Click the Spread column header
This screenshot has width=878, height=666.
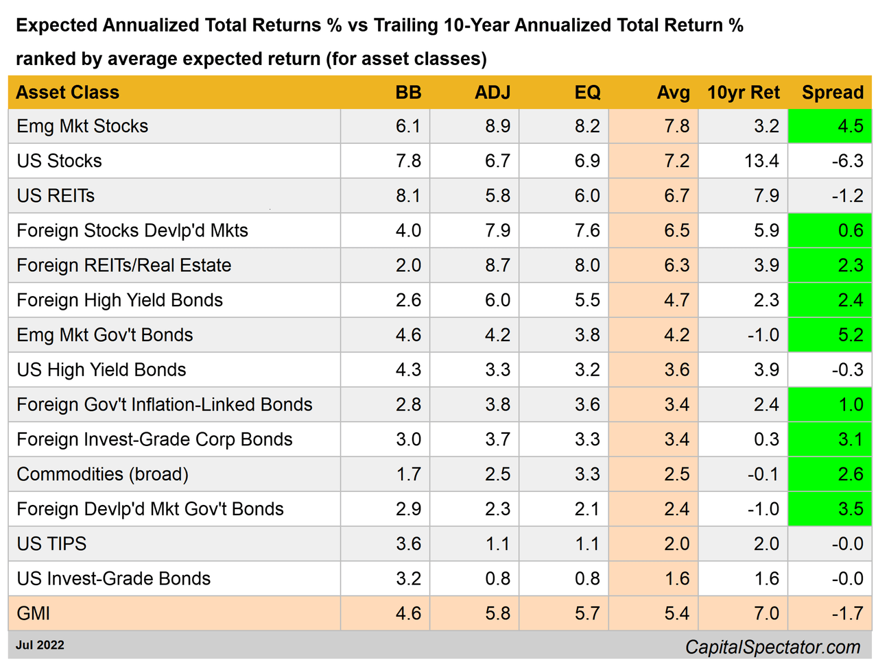(832, 92)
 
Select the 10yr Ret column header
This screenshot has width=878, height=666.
(744, 92)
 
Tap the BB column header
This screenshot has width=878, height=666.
(408, 92)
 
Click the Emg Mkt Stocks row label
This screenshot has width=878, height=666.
(82, 126)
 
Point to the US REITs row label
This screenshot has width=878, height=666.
(56, 196)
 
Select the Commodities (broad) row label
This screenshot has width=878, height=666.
(102, 474)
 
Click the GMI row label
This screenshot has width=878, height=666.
(33, 613)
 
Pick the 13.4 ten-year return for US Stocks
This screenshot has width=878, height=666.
(761, 161)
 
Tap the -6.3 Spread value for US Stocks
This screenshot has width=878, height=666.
(847, 161)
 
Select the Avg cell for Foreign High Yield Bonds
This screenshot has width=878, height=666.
(676, 300)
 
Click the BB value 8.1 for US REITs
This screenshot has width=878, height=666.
(408, 196)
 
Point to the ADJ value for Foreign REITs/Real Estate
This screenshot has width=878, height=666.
(497, 265)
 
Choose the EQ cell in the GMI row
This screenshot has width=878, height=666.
(587, 613)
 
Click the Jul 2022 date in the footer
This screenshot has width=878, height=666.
(40, 645)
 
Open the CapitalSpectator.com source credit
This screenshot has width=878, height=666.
(772, 647)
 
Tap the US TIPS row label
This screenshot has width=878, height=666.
(51, 544)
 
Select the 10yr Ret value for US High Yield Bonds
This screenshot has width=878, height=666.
(766, 370)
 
